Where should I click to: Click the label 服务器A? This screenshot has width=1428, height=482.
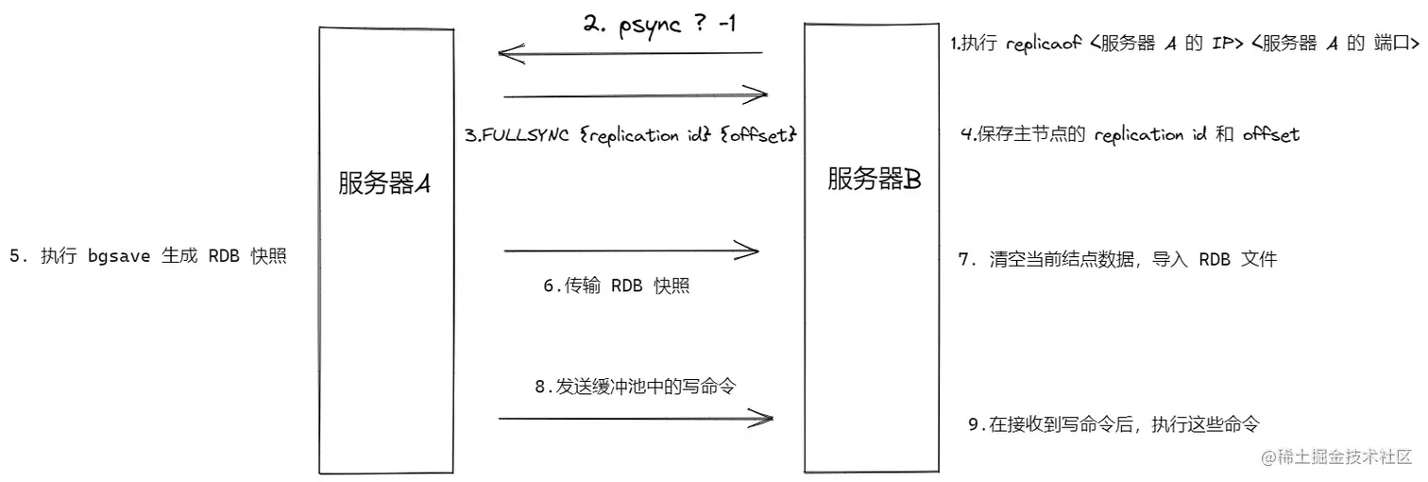pyautogui.click(x=384, y=184)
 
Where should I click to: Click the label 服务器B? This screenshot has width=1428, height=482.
pyautogui.click(x=874, y=179)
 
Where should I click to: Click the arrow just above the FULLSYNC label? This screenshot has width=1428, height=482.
pyautogui.click(x=636, y=95)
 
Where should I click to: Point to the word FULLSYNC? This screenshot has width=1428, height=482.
pyautogui.click(x=524, y=135)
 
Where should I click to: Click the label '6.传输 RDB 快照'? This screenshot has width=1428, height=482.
pyautogui.click(x=616, y=285)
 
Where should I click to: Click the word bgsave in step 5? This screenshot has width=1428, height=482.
pyautogui.click(x=119, y=257)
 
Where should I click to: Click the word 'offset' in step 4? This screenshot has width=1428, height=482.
pyautogui.click(x=1271, y=135)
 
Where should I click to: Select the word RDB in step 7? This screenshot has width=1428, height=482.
pyautogui.click(x=1215, y=260)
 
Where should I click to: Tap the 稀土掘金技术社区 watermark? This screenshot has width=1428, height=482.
pyautogui.click(x=1331, y=456)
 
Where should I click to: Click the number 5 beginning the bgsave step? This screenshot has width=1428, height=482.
pyautogui.click(x=14, y=257)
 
